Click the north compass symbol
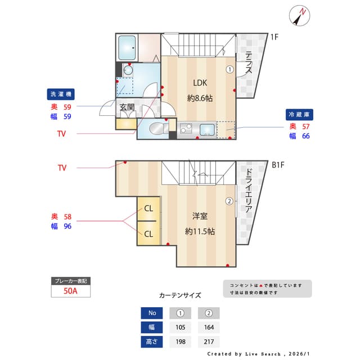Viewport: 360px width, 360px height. [300, 16]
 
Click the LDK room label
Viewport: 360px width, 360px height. [200, 81]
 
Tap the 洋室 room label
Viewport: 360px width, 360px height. [200, 215]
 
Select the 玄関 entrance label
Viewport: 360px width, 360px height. [127, 107]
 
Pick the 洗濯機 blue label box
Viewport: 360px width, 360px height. [61, 94]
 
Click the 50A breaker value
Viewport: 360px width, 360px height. [70, 291]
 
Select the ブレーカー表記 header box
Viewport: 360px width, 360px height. [70, 281]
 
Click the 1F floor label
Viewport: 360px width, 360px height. [274, 38]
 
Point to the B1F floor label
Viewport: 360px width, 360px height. [278, 165]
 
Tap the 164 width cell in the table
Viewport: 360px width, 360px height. [208, 327]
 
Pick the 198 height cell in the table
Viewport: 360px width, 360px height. [181, 341]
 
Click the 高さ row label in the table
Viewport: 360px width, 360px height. [151, 341]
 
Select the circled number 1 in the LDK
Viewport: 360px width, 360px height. [229, 70]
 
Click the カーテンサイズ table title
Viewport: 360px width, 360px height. [180, 295]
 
